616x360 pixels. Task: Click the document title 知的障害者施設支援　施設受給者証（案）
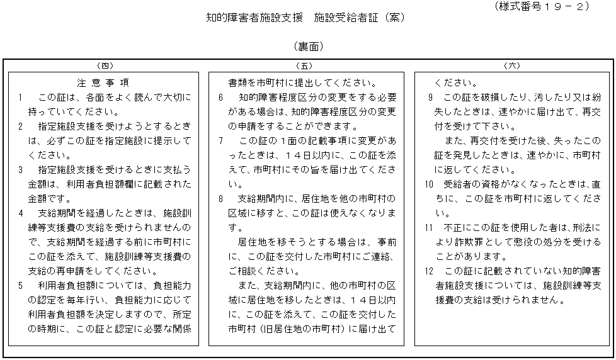[305, 18]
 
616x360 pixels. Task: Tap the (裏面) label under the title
[308, 47]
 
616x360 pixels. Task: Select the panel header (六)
[511, 65]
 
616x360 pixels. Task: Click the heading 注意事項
[104, 82]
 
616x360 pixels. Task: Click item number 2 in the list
[21, 126]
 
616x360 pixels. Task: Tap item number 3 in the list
[21, 169]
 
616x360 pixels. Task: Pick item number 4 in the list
[21, 213]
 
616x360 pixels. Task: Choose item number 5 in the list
[21, 285]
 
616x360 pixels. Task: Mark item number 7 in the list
[221, 140]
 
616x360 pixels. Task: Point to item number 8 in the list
[221, 198]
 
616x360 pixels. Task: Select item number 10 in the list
[428, 184]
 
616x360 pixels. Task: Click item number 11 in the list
[428, 227]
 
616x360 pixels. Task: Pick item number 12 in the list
[428, 271]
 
